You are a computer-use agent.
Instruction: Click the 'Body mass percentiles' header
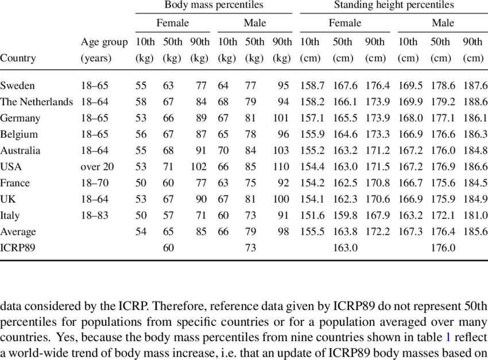[x=214, y=5]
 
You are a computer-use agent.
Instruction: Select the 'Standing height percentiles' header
[x=393, y=5]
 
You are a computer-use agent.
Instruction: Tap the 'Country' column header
[x=18, y=58]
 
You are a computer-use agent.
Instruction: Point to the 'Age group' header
[x=104, y=42]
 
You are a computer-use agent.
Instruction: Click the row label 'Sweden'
[x=17, y=86]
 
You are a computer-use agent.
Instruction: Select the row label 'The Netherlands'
[x=36, y=102]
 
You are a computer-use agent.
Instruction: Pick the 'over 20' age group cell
[x=98, y=167]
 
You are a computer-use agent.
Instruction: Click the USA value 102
[x=198, y=167]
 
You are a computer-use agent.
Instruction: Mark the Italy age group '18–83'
[x=95, y=215]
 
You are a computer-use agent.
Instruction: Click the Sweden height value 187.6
[x=475, y=86]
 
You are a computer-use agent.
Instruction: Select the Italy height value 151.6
[x=312, y=215]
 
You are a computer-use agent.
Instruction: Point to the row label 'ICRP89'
[x=17, y=248]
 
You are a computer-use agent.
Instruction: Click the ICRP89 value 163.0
[x=344, y=248]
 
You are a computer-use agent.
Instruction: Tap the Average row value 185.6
[x=475, y=231]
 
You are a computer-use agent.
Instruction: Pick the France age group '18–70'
[x=95, y=183]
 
